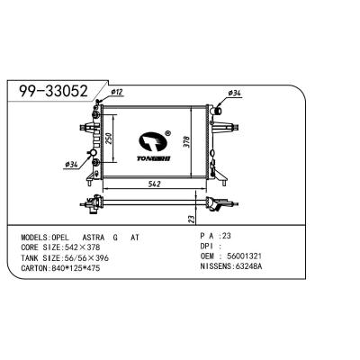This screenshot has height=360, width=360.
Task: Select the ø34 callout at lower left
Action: click(x=71, y=165)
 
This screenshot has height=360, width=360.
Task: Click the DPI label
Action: click(x=206, y=246)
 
